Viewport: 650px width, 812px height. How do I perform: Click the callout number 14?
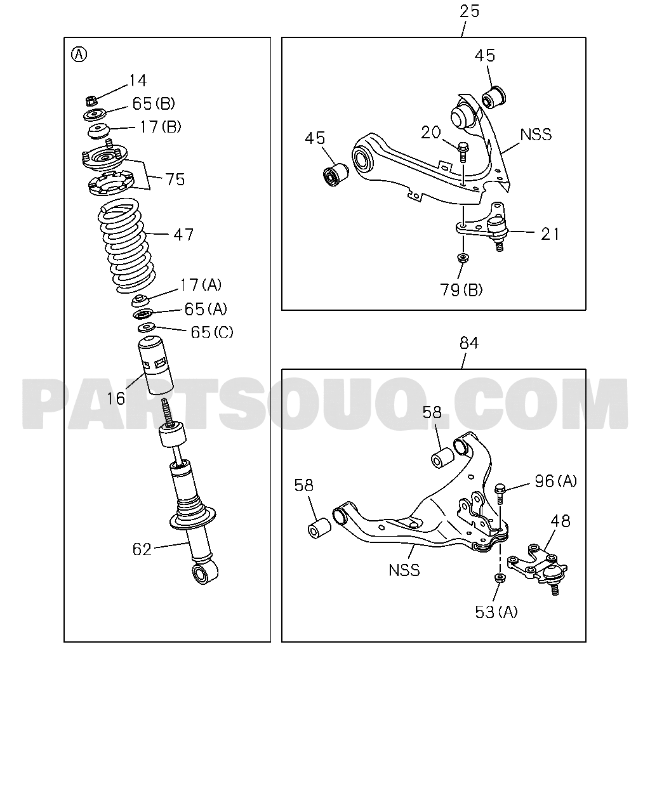[x=138, y=81]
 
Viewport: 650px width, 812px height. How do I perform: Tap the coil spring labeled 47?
[x=126, y=246]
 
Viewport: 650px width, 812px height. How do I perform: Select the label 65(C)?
[x=212, y=332]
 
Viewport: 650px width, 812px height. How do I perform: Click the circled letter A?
[x=79, y=55]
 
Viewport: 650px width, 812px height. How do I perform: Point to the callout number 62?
[x=142, y=549]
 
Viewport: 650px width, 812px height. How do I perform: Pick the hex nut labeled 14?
[x=91, y=101]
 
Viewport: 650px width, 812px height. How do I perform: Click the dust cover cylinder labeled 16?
[x=156, y=365]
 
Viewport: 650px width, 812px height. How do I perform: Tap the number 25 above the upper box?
[x=470, y=11]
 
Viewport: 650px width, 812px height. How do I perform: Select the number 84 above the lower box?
[x=469, y=343]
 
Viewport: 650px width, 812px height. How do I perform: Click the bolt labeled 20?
[x=463, y=152]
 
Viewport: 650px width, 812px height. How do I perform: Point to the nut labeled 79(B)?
[x=463, y=258]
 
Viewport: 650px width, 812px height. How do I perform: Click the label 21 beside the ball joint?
[x=550, y=234]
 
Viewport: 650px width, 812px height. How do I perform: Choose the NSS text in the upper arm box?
[x=536, y=134]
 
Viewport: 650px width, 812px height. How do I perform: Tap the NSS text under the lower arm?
[x=404, y=570]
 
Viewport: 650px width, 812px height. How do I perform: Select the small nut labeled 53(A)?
[x=500, y=578]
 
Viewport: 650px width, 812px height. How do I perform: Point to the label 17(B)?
[x=161, y=127]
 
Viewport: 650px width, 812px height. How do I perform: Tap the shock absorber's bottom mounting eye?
[x=204, y=575]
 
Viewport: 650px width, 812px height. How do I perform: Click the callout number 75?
[x=175, y=180]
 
